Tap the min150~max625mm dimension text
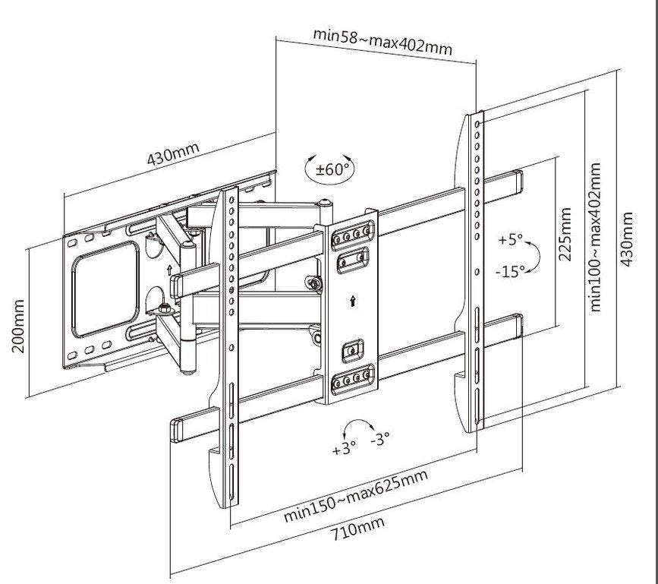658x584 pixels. point(355,495)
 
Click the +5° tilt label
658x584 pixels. point(511,240)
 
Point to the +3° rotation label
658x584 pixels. point(344,448)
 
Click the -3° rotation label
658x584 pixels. point(379,439)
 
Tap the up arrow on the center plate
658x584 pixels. point(352,301)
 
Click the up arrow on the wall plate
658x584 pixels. point(168,269)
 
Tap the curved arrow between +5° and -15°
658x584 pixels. point(534,256)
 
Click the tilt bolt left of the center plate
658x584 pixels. point(312,283)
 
